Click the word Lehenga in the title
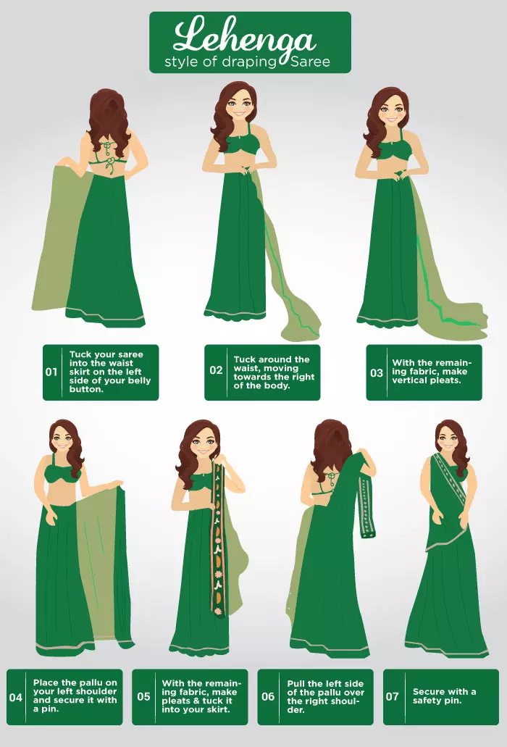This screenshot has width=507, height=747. click(x=245, y=37)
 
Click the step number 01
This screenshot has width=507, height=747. click(x=51, y=372)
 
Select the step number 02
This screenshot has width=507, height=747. click(x=216, y=370)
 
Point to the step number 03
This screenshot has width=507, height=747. click(x=377, y=372)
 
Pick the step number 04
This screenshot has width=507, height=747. click(x=16, y=698)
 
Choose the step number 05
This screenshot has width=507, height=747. click(x=143, y=696)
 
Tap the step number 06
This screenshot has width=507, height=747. click(x=268, y=696)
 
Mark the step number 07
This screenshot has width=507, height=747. click(x=392, y=696)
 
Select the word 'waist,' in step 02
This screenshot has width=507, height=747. click(x=246, y=368)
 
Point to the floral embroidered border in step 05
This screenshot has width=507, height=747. click(x=219, y=538)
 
